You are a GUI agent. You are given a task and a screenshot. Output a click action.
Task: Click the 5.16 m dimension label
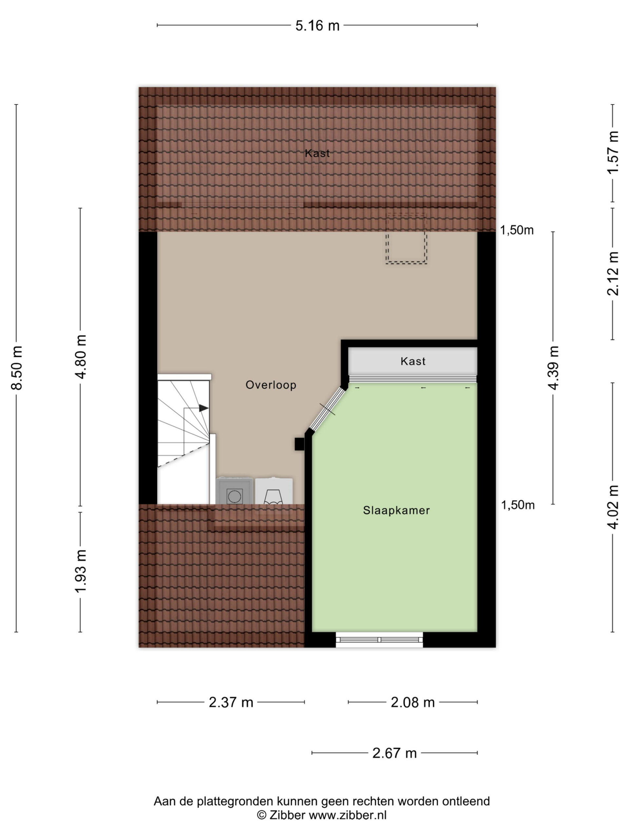[317, 26]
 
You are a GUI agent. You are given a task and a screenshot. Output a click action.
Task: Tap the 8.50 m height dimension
[17, 367]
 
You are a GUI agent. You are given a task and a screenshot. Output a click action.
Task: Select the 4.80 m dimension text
[81, 357]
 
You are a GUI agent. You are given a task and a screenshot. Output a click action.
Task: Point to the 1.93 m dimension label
[81, 571]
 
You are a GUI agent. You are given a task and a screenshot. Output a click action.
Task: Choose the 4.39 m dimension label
[554, 367]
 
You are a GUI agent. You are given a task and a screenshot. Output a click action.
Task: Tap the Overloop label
[271, 385]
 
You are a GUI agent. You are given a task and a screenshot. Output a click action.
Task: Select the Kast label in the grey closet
[413, 361]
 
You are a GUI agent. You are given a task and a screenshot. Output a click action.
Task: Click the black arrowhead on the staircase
[203, 408]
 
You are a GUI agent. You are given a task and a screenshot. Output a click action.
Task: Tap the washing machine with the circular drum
[234, 491]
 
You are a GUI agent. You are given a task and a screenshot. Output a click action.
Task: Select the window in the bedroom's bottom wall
[379, 639]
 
